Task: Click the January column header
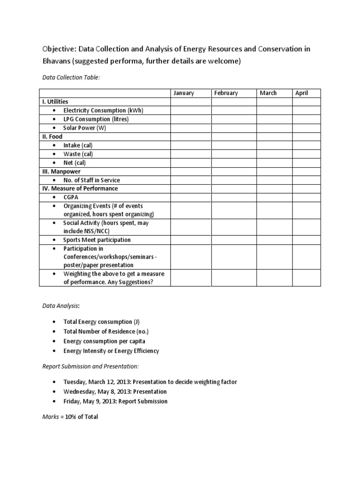tap(183, 93)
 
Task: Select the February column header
tap(226, 93)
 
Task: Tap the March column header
tap(268, 93)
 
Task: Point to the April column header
tap(301, 93)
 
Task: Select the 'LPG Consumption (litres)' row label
tap(96, 119)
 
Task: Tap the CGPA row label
tap(71, 197)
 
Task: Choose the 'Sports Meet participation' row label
tap(97, 240)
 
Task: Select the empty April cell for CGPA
tap(307, 197)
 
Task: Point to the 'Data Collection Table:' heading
tap(71, 77)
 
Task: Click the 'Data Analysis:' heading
tap(61, 306)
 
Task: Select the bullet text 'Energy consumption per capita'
tap(105, 341)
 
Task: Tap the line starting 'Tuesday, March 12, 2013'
tap(150, 382)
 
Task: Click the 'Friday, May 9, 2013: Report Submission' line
tap(115, 401)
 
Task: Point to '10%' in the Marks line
tap(71, 417)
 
